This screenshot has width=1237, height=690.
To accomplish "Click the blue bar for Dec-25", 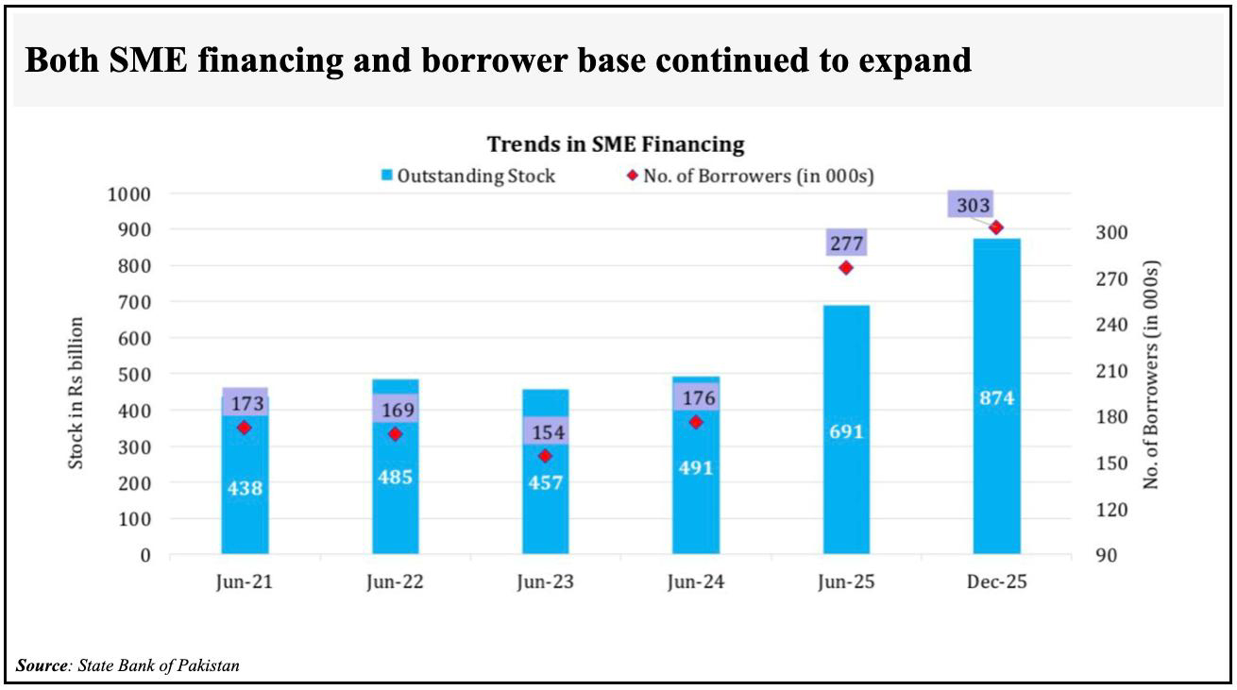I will tap(996, 472).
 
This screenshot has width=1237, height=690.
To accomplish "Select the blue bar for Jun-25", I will tap(845, 491).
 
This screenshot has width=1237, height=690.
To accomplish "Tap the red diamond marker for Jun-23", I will tap(545, 456).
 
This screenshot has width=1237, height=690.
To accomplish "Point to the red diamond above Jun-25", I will tap(846, 267).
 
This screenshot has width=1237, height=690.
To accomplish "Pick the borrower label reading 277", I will tap(845, 243).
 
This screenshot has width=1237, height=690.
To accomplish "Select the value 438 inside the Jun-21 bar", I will tap(245, 489).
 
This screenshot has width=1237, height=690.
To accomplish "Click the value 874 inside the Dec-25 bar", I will tap(996, 398).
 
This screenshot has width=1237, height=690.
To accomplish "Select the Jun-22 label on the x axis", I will tap(395, 582).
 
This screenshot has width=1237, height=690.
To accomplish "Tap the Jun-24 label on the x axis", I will tap(695, 582).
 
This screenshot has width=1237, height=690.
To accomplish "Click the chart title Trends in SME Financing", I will tap(616, 144).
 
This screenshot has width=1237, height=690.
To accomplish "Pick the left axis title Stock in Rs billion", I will tap(77, 393).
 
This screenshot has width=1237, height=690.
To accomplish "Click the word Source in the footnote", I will tap(42, 665).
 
